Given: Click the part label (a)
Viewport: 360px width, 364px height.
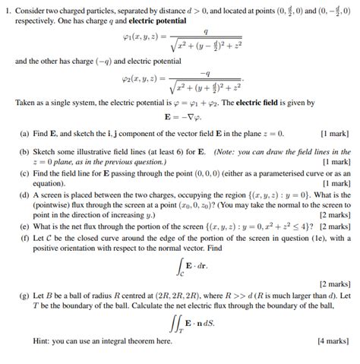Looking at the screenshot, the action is (24, 134).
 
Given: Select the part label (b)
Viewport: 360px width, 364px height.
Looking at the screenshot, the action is (24, 151).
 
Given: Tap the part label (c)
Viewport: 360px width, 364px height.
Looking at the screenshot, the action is (24, 174).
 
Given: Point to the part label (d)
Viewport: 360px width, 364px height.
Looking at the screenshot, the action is (24, 195).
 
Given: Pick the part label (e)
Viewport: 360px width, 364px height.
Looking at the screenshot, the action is (24, 226).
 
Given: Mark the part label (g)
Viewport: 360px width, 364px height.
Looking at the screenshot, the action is (24, 295).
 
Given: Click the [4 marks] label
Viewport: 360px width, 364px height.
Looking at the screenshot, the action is (333, 342).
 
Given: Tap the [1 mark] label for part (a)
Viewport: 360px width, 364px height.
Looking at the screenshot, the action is (335, 134).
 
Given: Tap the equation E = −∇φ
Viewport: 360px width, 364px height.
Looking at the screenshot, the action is (182, 118).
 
